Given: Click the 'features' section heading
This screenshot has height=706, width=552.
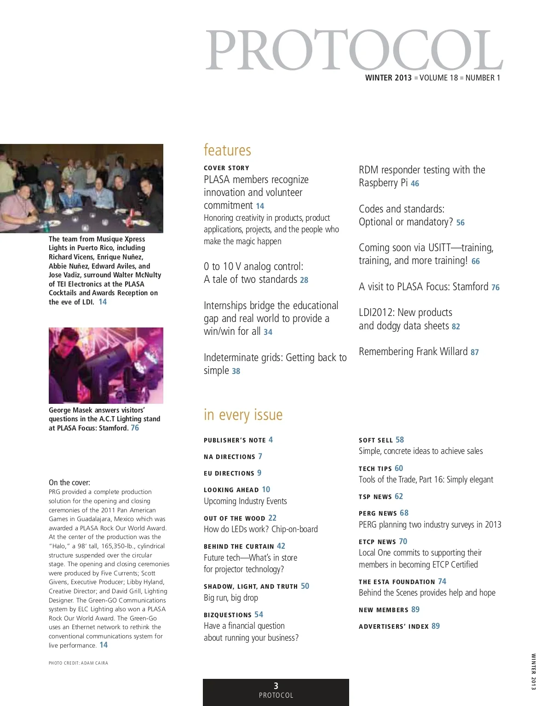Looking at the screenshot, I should (227, 150).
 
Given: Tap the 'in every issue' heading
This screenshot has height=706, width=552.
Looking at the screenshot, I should (243, 415).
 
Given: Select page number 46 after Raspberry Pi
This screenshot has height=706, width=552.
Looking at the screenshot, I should (415, 184).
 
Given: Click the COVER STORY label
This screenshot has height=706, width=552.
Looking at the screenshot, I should (226, 168).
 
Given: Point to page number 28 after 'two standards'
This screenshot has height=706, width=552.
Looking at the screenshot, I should (304, 280).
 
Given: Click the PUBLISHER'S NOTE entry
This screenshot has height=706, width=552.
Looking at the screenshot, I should (235, 440).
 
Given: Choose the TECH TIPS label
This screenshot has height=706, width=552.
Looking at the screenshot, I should (375, 469).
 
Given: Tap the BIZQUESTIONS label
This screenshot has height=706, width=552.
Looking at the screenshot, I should (227, 615).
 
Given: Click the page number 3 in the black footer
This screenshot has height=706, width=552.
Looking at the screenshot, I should (276, 686).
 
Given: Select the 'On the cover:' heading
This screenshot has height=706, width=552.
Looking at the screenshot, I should (69, 482).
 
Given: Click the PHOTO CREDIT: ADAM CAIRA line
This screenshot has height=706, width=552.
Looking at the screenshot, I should (78, 663).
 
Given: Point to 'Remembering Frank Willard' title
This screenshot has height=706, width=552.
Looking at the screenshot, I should (413, 352).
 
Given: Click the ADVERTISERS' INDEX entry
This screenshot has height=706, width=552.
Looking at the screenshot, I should (393, 626).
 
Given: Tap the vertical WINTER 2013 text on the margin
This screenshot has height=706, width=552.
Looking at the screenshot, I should (533, 672).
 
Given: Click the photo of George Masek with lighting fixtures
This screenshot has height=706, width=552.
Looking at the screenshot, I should (106, 365).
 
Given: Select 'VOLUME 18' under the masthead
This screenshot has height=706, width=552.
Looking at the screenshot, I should (438, 78).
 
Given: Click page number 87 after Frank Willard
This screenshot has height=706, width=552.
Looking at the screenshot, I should (475, 352).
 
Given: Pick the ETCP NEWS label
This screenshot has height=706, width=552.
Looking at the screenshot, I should (377, 542).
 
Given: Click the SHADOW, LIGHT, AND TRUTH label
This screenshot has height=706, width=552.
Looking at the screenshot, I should (250, 586).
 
